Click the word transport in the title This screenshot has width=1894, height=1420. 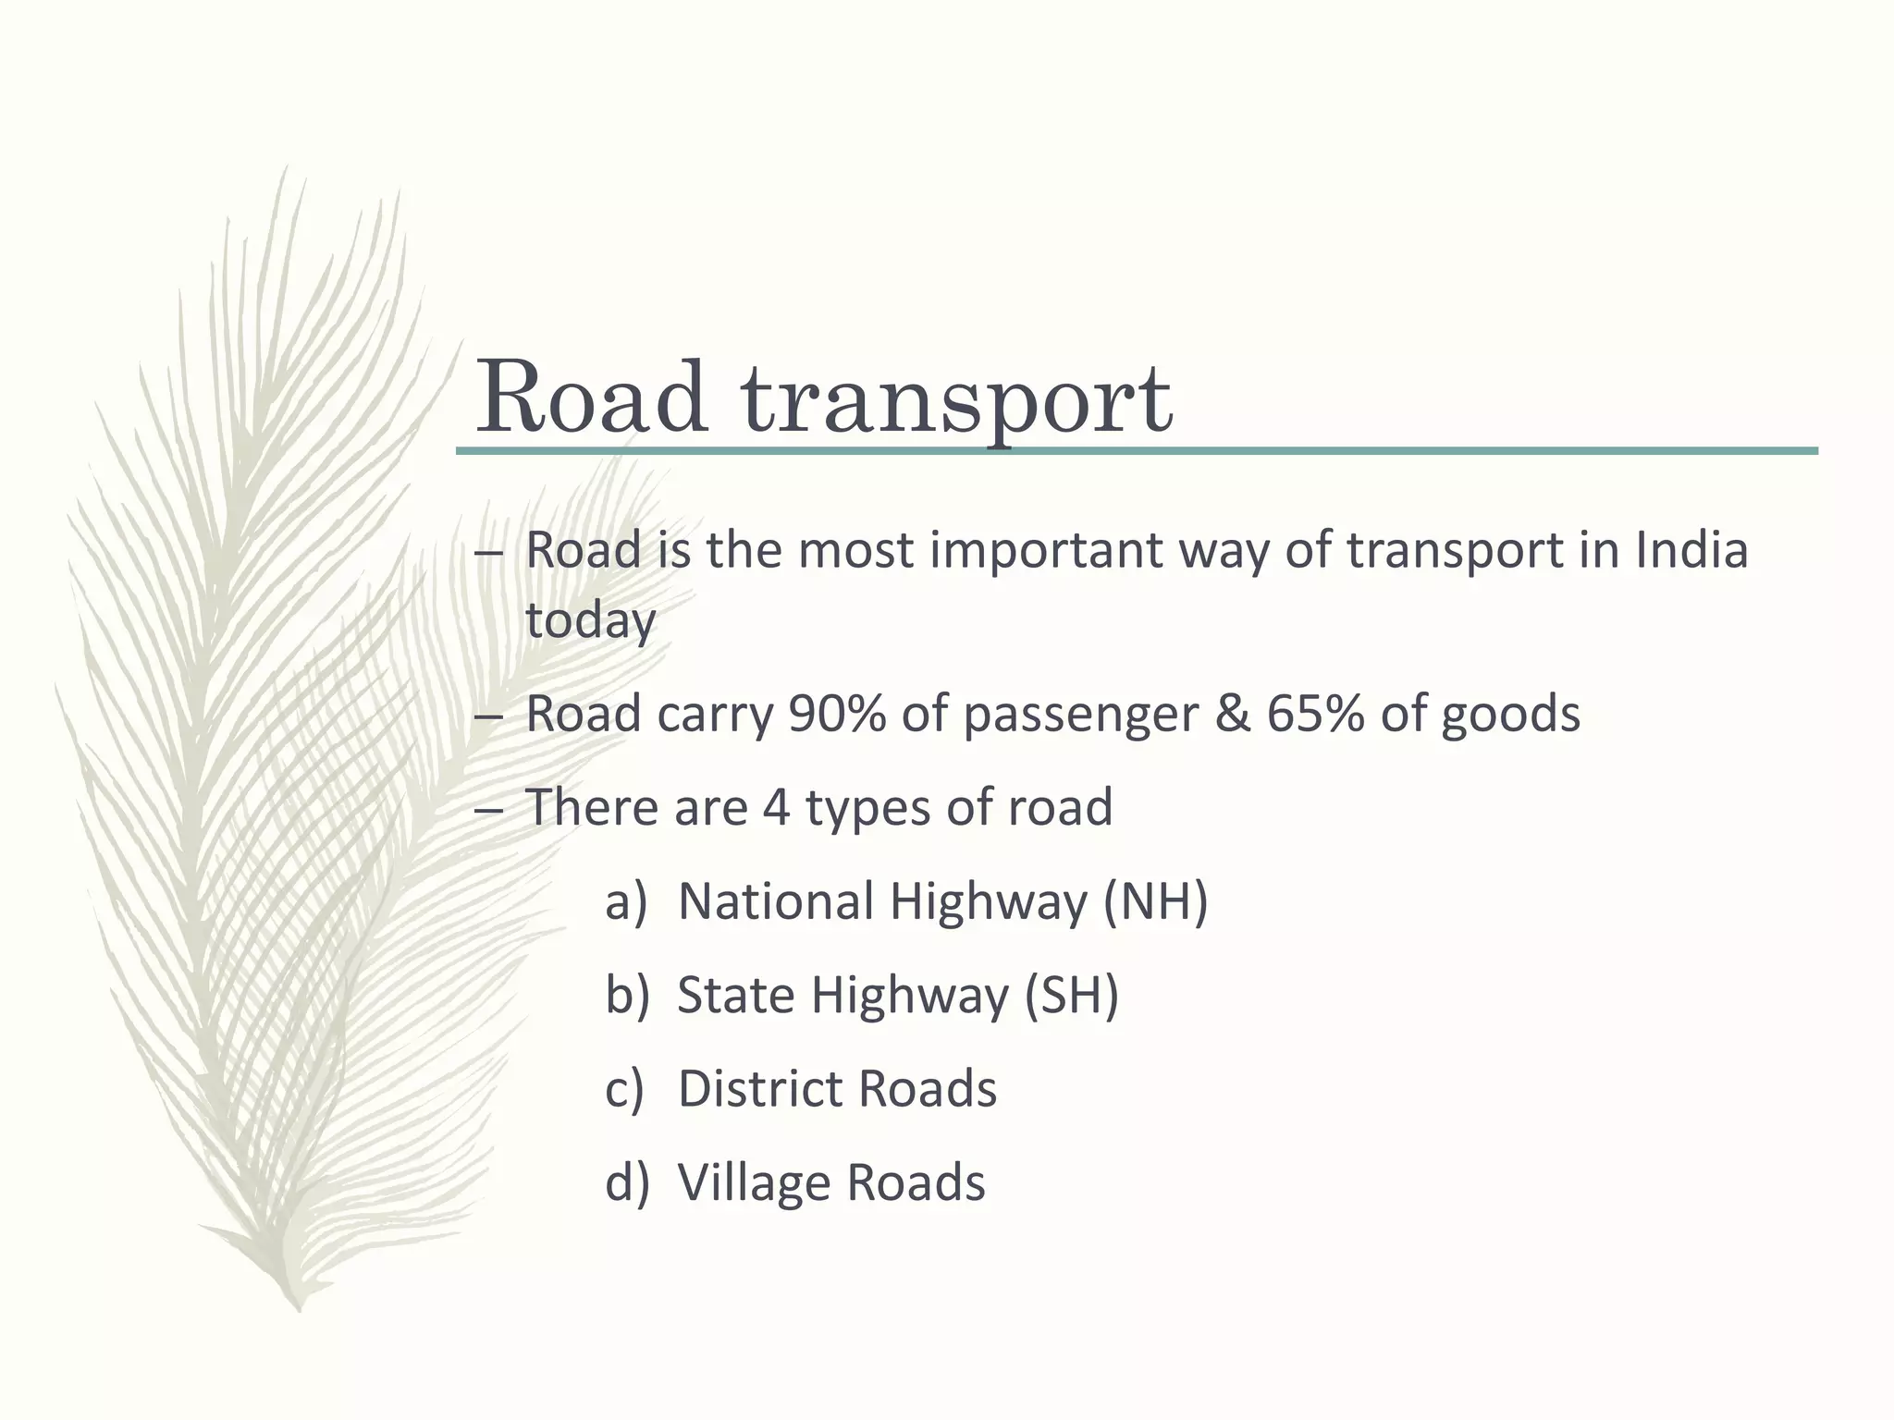[x=957, y=399]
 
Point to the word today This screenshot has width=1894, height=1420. [x=590, y=619]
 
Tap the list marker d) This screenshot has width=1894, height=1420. [x=627, y=1181]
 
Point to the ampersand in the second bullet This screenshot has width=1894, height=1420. [x=1231, y=714]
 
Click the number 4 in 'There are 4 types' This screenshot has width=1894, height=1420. [x=776, y=807]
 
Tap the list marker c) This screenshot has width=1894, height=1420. [x=624, y=1088]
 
